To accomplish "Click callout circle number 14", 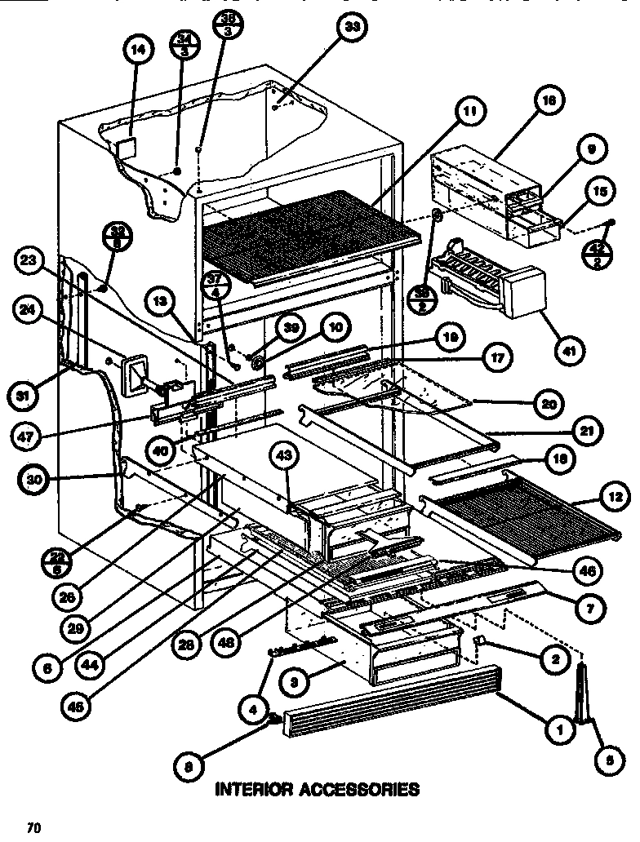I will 138,51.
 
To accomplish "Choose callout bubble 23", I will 29,261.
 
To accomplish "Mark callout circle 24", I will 29,309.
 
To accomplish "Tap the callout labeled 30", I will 33,481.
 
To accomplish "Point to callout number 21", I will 589,430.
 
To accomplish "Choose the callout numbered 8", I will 188,764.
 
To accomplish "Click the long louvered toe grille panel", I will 392,700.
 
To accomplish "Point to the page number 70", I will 33,827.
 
